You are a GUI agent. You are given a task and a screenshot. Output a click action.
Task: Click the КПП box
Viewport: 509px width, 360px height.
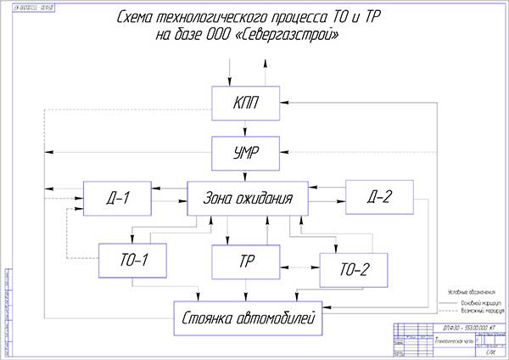[x=246, y=103]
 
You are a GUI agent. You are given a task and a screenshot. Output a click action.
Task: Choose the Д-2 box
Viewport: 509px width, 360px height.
[x=378, y=198]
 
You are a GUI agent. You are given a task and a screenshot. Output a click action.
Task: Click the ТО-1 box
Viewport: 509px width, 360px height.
[x=132, y=260]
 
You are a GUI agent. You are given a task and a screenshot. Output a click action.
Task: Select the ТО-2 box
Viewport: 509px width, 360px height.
[x=354, y=270]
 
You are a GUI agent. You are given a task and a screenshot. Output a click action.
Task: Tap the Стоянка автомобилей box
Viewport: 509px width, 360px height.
[x=248, y=319]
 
